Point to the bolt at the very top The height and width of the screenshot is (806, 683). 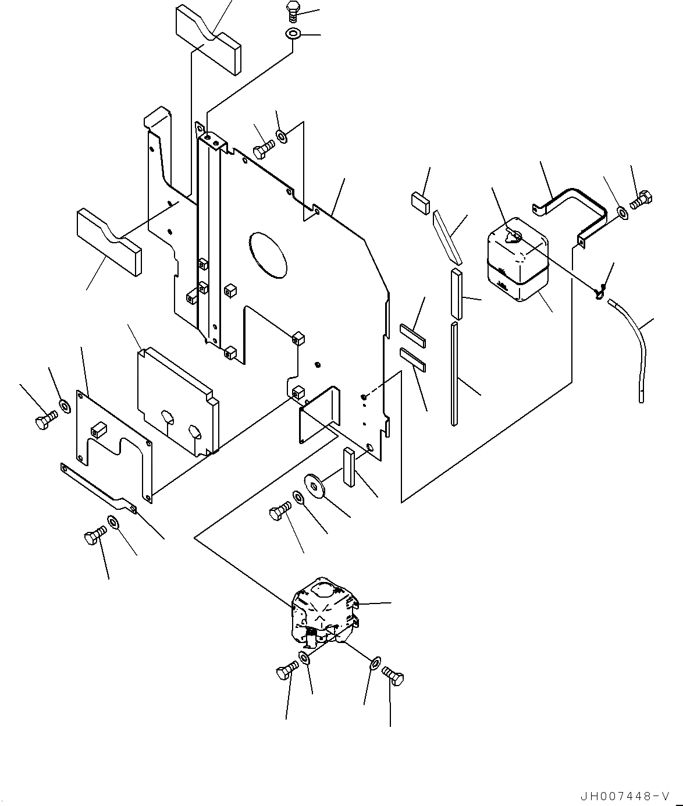[293, 12]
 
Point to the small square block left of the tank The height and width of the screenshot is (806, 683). [420, 201]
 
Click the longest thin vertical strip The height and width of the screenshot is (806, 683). [454, 372]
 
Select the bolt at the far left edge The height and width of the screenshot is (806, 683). [45, 421]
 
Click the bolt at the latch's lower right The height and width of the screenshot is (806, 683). [394, 678]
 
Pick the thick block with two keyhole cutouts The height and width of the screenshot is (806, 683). [177, 397]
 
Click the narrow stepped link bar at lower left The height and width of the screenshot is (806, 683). [99, 487]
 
